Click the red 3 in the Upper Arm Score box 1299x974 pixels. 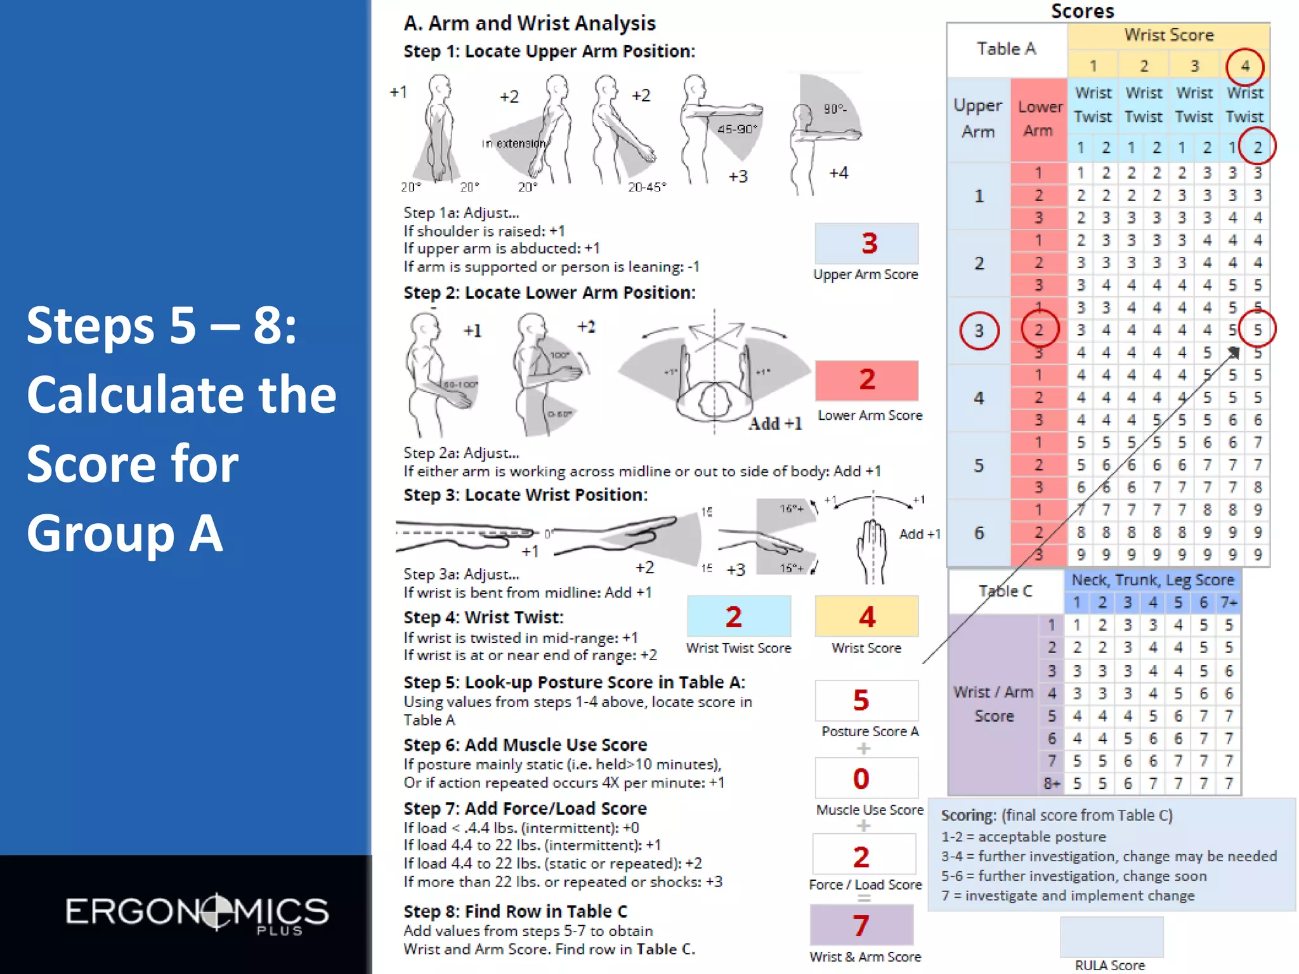[869, 243]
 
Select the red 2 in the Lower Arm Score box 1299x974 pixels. [867, 380]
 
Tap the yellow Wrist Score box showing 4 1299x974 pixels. [866, 616]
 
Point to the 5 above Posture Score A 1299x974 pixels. [861, 700]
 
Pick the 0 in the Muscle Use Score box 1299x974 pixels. [861, 779]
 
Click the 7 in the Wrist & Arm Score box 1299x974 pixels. [861, 926]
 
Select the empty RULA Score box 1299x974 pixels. [1111, 937]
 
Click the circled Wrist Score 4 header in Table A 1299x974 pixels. [1245, 66]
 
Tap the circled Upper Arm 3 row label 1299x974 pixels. [979, 330]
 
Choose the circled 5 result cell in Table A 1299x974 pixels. [1257, 330]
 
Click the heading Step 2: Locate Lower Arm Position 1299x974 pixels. [549, 293]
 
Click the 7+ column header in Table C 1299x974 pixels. [1229, 602]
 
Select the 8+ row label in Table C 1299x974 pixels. [1052, 784]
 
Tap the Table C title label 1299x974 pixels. [1005, 591]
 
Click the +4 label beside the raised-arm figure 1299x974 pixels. [839, 172]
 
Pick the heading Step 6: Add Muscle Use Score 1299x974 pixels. [525, 744]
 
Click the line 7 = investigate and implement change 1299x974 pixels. [1067, 895]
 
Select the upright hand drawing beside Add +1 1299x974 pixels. [871, 549]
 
